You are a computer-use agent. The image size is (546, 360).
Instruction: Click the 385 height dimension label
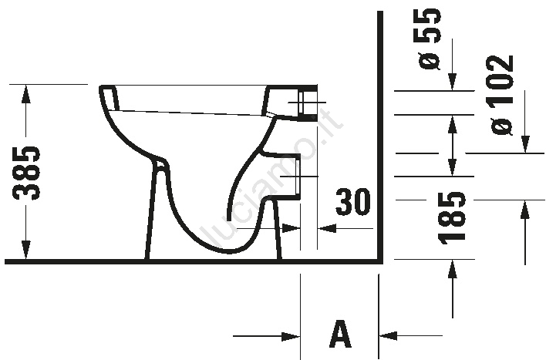point(26,173)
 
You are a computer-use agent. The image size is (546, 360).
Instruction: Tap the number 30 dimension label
point(352,202)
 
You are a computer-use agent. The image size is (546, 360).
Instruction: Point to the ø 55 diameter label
point(430,39)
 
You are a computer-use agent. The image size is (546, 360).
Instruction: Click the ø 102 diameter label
point(502,95)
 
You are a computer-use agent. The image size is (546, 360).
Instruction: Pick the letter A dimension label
point(339,335)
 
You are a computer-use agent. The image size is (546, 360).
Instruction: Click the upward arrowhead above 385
point(26,94)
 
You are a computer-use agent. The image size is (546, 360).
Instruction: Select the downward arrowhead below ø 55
point(453,82)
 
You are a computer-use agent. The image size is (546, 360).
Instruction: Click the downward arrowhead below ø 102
point(525,144)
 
